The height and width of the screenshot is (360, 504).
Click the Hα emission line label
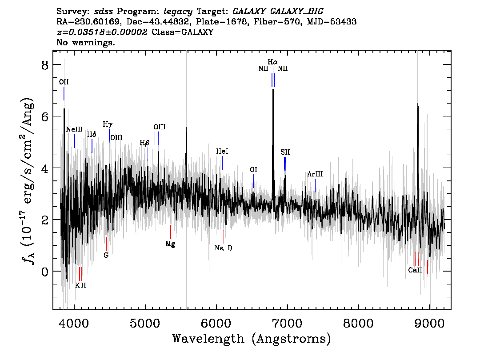tap(272, 62)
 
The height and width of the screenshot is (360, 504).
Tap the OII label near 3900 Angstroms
tap(64, 82)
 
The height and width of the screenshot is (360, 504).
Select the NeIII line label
tap(74, 129)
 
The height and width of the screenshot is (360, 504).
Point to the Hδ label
tap(92, 134)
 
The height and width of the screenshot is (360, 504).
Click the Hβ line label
tap(144, 143)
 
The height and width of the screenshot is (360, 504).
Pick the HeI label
tap(222, 152)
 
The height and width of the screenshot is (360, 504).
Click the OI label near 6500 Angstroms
tap(253, 170)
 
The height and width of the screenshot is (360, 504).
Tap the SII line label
tap(285, 152)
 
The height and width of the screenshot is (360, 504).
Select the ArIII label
tap(315, 174)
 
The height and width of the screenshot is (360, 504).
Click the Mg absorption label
tap(170, 244)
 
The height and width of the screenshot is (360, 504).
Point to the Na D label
tap(223, 248)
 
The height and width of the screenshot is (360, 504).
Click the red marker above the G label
tap(106, 244)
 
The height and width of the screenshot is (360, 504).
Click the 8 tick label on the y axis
tap(44, 65)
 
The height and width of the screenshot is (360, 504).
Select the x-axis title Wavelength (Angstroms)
tap(251, 339)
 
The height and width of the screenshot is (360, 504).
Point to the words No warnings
tap(86, 43)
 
